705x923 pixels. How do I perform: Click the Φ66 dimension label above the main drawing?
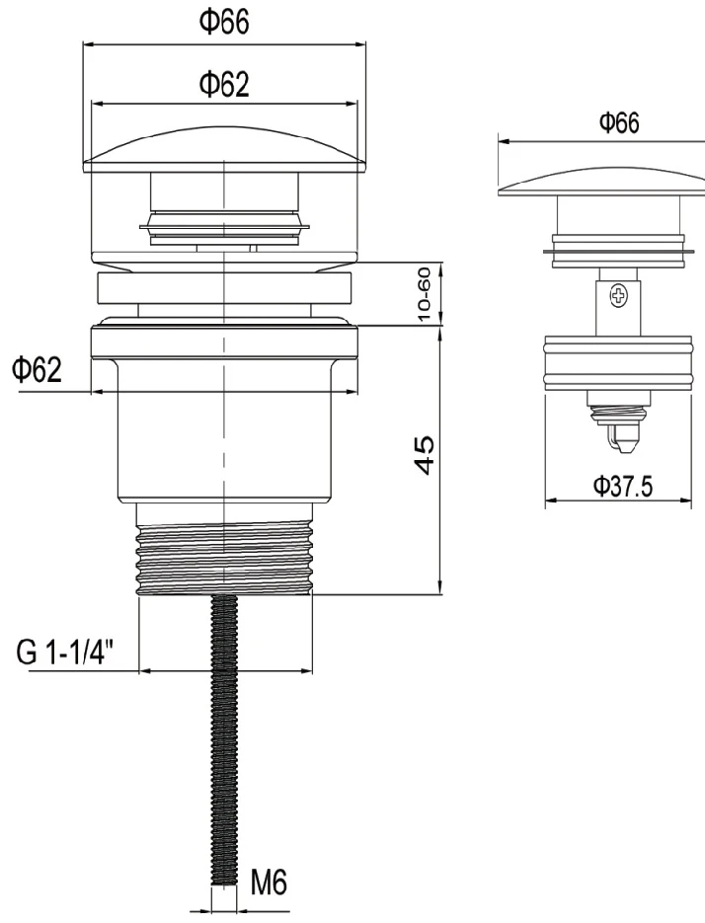pyautogui.click(x=224, y=22)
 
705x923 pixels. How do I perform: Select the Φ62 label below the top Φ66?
pyautogui.click(x=224, y=84)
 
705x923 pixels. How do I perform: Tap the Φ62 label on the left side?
pyautogui.click(x=37, y=370)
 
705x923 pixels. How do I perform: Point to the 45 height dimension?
pyautogui.click(x=425, y=455)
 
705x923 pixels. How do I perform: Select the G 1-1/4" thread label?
pyautogui.click(x=65, y=653)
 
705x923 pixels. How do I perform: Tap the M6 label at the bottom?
pyautogui.click(x=269, y=883)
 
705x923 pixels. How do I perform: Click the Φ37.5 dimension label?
pyautogui.click(x=622, y=487)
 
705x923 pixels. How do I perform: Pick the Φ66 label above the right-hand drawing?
pyautogui.click(x=619, y=123)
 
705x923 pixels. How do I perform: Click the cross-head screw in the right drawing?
pyautogui.click(x=618, y=295)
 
